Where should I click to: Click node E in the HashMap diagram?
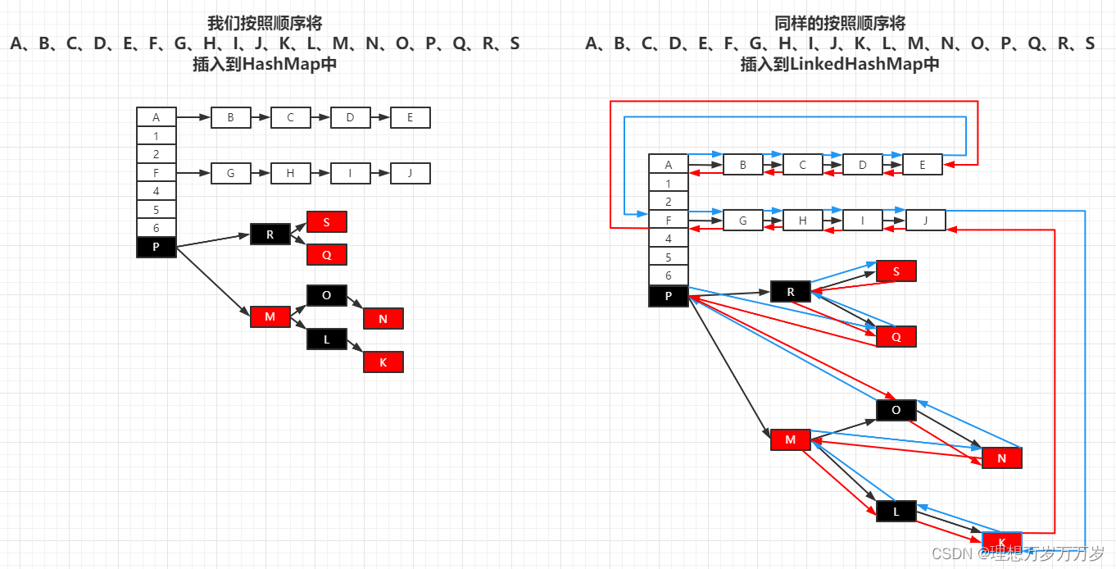pyautogui.click(x=411, y=118)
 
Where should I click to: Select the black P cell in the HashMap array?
pyautogui.click(x=157, y=247)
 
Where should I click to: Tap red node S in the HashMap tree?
pyautogui.click(x=327, y=222)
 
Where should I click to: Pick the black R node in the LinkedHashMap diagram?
pyautogui.click(x=791, y=292)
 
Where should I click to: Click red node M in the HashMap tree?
pyautogui.click(x=270, y=316)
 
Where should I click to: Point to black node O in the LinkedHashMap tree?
pyautogui.click(x=896, y=410)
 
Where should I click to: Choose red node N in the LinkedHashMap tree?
pyautogui.click(x=1001, y=458)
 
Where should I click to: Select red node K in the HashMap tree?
pyautogui.click(x=383, y=362)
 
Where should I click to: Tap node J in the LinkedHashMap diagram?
pyautogui.click(x=926, y=221)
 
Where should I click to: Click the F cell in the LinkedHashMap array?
pyautogui.click(x=669, y=221)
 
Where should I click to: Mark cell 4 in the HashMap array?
pyautogui.click(x=157, y=191)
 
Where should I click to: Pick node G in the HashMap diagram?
pyautogui.click(x=231, y=174)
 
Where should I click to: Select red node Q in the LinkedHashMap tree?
pyautogui.click(x=896, y=337)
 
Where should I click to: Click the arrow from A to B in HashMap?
pyautogui.click(x=193, y=118)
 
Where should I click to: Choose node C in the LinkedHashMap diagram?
pyautogui.click(x=803, y=165)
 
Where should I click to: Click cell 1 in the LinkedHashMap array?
pyautogui.click(x=669, y=184)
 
